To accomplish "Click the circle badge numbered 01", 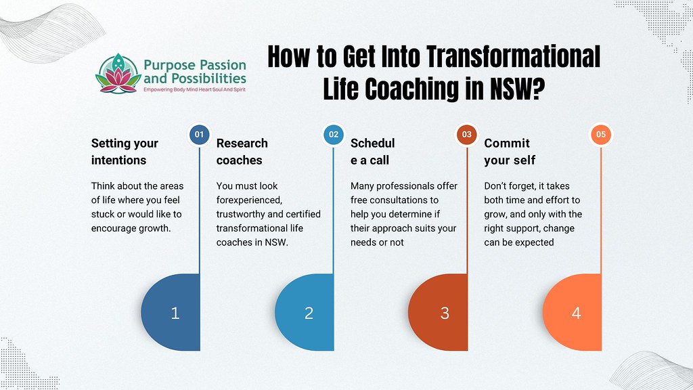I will click(199, 135).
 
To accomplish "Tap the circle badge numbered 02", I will click(334, 135).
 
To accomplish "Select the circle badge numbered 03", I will click(467, 135).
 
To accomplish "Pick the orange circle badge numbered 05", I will click(601, 135).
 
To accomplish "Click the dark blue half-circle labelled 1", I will click(173, 313).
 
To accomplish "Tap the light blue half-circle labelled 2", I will click(307, 313).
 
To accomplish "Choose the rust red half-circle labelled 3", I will click(441, 313).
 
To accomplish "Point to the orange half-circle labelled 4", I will click(575, 313).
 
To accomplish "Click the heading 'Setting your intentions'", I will click(125, 152).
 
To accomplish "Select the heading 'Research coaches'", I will click(242, 152).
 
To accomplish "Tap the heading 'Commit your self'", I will click(509, 152).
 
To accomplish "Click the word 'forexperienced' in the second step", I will click(248, 200).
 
